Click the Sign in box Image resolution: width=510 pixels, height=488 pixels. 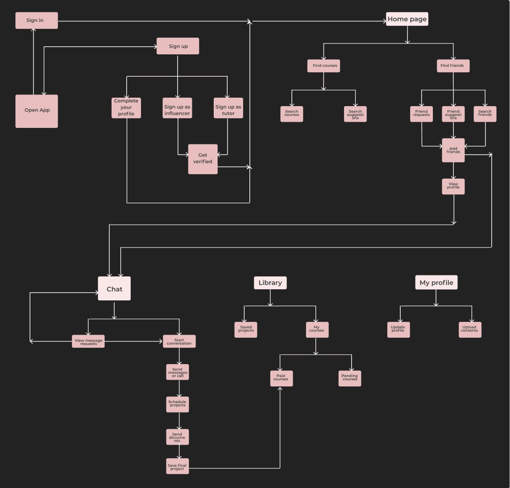coord(37,21)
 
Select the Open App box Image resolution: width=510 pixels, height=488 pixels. coord(37,111)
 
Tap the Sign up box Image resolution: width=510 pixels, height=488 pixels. coord(178,46)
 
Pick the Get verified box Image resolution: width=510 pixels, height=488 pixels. coord(203,159)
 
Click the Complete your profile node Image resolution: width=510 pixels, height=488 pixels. coord(126,108)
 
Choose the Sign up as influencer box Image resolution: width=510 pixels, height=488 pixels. coord(177,108)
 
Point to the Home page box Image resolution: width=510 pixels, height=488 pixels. coord(407,19)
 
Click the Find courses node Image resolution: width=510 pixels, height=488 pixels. coord(323,66)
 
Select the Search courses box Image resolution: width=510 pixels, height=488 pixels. coord(292,114)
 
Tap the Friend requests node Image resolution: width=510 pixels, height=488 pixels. coord(421,114)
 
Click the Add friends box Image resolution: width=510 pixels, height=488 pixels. coord(453,150)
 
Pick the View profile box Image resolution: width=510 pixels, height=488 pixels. coord(453,186)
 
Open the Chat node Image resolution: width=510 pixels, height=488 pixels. coord(114,288)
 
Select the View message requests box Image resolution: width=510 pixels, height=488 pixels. coord(88,341)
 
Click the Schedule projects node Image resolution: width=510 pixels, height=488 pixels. coord(177,405)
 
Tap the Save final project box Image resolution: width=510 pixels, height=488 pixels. coord(177,466)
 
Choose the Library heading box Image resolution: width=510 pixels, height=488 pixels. coord(270,283)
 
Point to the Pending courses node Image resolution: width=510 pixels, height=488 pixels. coord(350,378)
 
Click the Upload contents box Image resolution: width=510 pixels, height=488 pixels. coord(470,330)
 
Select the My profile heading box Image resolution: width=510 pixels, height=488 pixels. coord(436,283)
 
